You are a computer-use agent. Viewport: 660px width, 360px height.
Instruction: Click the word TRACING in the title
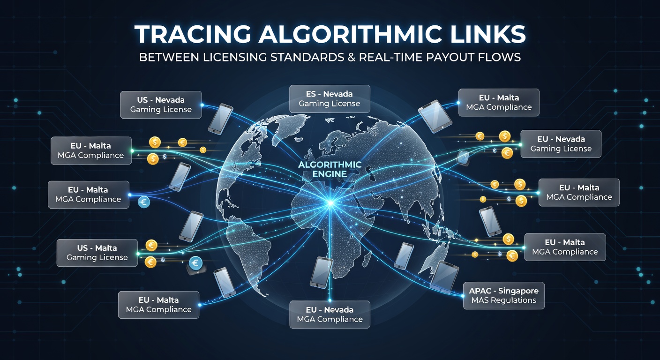click(193, 34)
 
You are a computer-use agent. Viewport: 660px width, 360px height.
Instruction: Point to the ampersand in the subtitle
click(352, 57)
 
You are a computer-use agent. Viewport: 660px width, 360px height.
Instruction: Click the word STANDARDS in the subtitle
click(307, 57)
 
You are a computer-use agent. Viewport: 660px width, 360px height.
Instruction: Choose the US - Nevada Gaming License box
click(161, 105)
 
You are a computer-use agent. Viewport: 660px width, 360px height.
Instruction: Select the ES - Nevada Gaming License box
click(330, 99)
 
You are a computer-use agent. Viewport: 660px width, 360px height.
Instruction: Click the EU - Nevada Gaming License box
click(561, 144)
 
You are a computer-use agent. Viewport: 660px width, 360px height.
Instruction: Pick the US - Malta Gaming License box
click(97, 253)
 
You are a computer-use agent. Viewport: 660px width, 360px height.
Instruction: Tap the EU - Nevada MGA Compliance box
click(330, 315)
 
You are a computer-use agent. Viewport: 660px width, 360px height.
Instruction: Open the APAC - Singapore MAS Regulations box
click(503, 295)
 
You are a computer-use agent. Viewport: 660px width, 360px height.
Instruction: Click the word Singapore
click(518, 291)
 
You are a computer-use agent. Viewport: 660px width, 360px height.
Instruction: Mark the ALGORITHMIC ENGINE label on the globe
click(330, 169)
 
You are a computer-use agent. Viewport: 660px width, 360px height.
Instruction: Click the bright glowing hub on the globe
click(330, 203)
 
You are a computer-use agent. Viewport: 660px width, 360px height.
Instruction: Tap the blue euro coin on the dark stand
click(195, 263)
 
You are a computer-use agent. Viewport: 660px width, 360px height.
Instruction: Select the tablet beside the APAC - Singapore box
click(444, 277)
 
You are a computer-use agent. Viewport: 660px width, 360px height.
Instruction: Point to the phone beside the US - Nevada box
click(220, 119)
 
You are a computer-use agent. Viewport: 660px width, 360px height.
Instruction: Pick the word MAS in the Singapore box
click(479, 300)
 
